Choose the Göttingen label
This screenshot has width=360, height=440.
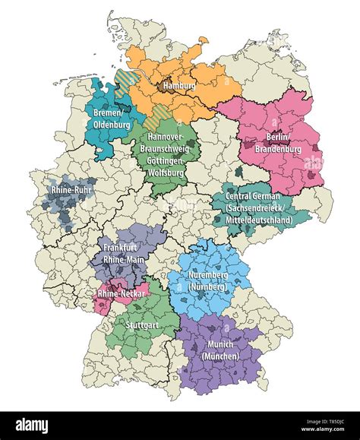coord(168,161)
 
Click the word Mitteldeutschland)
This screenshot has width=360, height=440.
coord(263,219)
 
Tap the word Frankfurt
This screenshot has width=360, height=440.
coord(122,248)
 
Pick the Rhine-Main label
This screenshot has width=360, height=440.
coord(122,258)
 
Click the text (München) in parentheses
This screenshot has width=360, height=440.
coord(221,356)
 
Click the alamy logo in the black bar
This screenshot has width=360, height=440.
coord(38,426)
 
